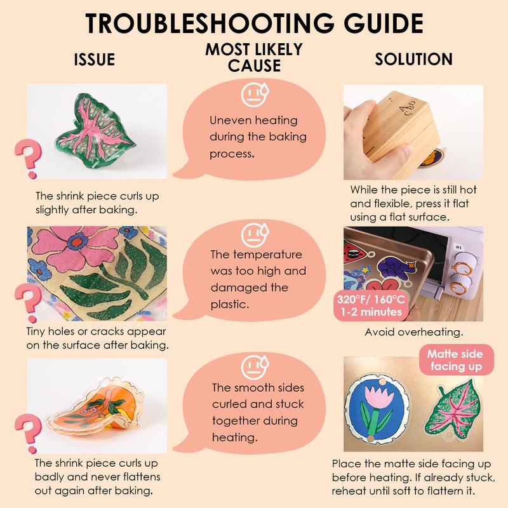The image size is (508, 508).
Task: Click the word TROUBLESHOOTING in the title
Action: point(210,23)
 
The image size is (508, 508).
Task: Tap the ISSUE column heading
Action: point(94,60)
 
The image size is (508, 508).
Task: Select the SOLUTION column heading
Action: point(414,59)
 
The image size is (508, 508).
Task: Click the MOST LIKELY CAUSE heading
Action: point(254,58)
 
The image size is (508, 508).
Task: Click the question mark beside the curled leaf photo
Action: point(29,158)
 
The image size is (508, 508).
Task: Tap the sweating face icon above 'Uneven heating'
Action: point(255,95)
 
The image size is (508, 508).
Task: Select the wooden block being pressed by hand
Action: point(399,133)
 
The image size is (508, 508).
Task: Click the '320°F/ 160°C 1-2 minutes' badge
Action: point(371,305)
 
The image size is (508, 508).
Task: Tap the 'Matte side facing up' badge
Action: point(456,360)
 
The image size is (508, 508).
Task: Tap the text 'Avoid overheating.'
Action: point(414,332)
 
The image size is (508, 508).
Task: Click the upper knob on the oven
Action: point(466,265)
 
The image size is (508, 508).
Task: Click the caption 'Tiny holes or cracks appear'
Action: point(97,331)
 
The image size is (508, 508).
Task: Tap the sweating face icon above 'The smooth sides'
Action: point(255,368)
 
